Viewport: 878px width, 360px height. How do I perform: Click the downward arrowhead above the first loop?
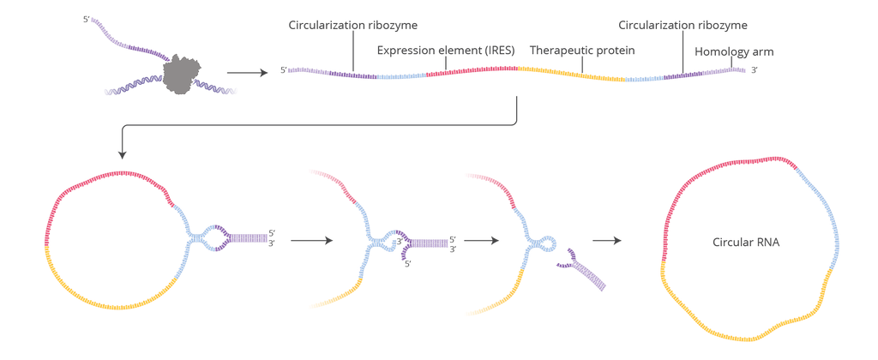[123, 153]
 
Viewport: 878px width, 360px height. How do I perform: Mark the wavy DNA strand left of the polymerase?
[129, 86]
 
